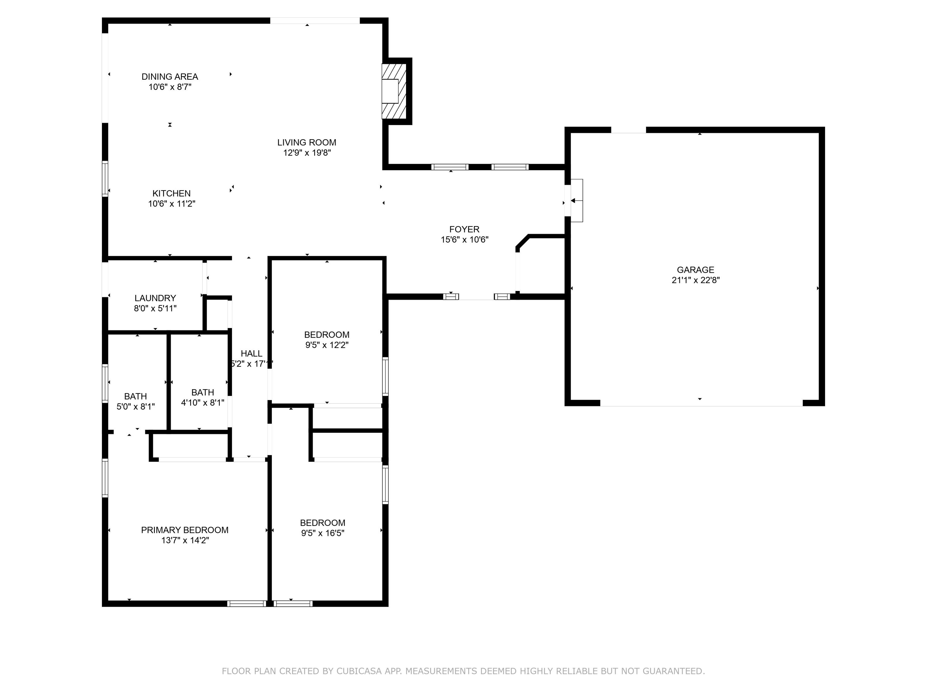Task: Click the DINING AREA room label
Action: pyautogui.click(x=170, y=77)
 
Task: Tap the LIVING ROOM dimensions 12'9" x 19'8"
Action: pyautogui.click(x=307, y=153)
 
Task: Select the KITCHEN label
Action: pyautogui.click(x=171, y=194)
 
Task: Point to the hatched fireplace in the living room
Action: pyautogui.click(x=394, y=91)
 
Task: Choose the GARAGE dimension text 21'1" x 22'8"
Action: pyautogui.click(x=695, y=280)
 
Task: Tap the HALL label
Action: pyautogui.click(x=252, y=354)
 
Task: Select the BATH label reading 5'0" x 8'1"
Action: pyautogui.click(x=135, y=396)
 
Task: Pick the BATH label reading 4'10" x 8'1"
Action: pyautogui.click(x=202, y=393)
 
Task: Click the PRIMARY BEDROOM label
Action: pyautogui.click(x=184, y=530)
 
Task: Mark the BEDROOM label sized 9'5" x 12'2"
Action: pyautogui.click(x=327, y=335)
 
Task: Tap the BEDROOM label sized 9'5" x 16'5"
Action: pyautogui.click(x=322, y=523)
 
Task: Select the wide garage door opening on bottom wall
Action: pyautogui.click(x=701, y=403)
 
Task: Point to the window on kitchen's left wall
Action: pyautogui.click(x=105, y=179)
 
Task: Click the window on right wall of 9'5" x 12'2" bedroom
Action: pyautogui.click(x=385, y=376)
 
